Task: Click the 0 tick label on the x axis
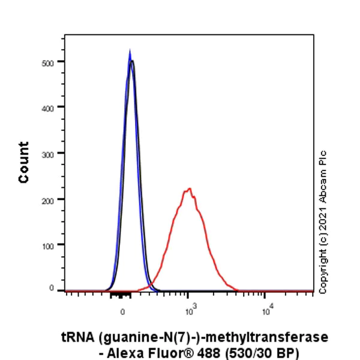pyautogui.click(x=122, y=312)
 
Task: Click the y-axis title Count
pyautogui.click(x=24, y=163)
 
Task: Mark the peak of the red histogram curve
pyautogui.click(x=190, y=189)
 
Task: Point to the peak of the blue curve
pyautogui.click(x=130, y=52)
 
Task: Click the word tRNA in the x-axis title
pyautogui.click(x=76, y=338)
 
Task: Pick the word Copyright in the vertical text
pyautogui.click(x=323, y=270)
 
